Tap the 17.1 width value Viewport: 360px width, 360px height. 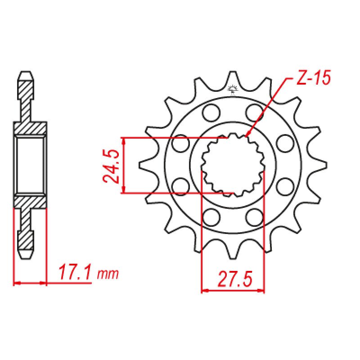click(75, 273)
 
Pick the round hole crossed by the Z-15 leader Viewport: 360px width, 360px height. click(255, 111)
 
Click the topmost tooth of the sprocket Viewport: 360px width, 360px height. click(233, 77)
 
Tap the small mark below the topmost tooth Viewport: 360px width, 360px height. click(233, 88)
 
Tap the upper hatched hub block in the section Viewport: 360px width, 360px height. click(31, 128)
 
